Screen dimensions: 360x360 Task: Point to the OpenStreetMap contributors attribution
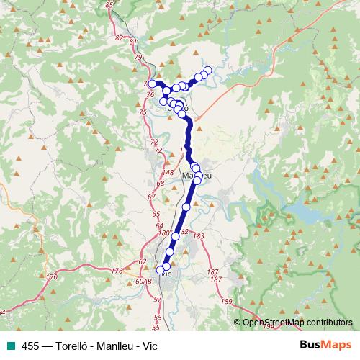tap(297, 323)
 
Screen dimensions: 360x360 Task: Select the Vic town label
tap(165, 274)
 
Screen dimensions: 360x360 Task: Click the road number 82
tap(120, 38)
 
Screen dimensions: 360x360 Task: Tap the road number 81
tap(133, 43)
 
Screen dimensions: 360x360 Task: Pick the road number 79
tap(138, 57)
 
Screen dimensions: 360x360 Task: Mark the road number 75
tap(143, 112)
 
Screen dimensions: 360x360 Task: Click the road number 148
tap(168, 173)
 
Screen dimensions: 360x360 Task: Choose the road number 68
tap(161, 184)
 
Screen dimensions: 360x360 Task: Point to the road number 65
tap(156, 215)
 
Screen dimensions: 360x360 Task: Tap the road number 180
tap(163, 233)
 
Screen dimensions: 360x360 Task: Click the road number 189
tap(228, 300)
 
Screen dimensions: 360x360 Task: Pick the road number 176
tap(117, 271)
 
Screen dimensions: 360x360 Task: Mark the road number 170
tap(50, 276)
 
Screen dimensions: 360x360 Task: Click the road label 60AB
tap(143, 281)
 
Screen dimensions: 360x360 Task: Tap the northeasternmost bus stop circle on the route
tap(208, 70)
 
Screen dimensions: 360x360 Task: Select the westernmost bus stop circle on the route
tap(153, 84)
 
